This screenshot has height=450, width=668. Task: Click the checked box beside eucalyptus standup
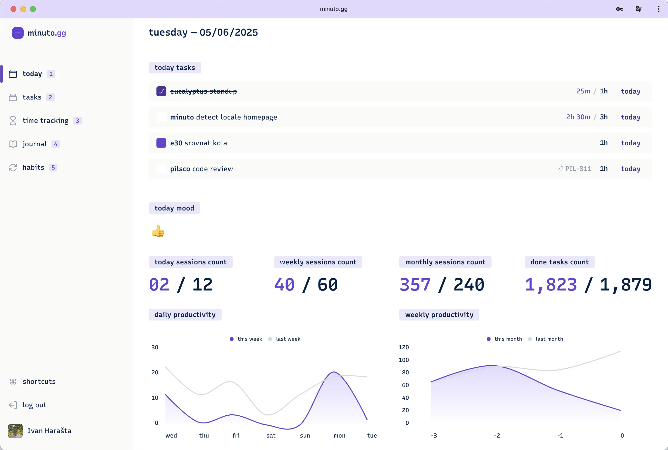click(x=161, y=91)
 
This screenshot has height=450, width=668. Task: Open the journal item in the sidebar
click(x=34, y=144)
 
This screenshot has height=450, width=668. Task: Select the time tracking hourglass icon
click(x=13, y=121)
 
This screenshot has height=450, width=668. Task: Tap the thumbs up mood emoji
click(x=158, y=231)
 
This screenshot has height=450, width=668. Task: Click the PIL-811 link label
click(x=578, y=169)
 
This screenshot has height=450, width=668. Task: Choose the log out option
click(x=34, y=405)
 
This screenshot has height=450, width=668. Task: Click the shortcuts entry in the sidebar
click(x=39, y=381)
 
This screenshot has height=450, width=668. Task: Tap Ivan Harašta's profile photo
click(x=15, y=431)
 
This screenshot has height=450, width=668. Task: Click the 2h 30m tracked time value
click(x=578, y=117)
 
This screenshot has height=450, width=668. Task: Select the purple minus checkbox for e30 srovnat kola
click(x=161, y=143)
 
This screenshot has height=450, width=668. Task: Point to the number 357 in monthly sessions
click(x=415, y=285)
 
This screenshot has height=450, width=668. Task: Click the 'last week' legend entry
click(x=288, y=339)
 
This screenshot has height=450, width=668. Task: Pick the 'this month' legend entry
click(x=508, y=339)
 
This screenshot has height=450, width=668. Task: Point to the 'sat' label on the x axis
click(x=271, y=436)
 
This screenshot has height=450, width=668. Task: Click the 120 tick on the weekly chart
click(x=403, y=347)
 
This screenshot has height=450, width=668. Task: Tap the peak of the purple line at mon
click(x=334, y=372)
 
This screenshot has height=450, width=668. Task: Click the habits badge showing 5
click(x=53, y=168)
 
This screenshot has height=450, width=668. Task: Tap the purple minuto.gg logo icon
click(x=18, y=33)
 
